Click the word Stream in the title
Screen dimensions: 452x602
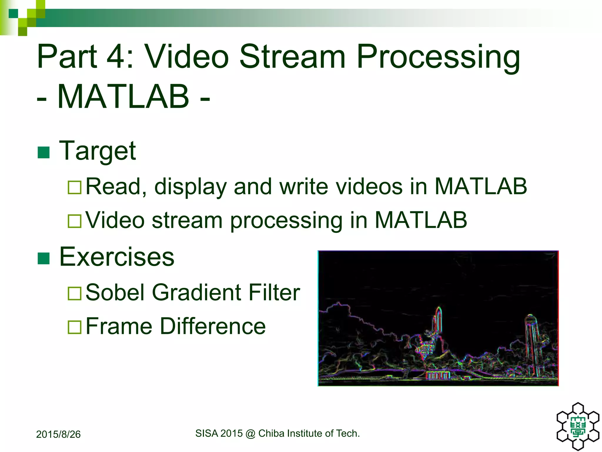[x=292, y=56]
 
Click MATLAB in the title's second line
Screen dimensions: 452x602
[x=123, y=97]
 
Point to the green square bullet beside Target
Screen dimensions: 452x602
[x=44, y=152]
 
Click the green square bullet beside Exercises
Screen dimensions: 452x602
[x=44, y=258]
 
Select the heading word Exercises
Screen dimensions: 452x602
[x=117, y=257]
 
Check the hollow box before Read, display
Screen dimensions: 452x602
[x=74, y=187]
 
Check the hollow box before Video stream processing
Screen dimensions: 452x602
[x=74, y=221]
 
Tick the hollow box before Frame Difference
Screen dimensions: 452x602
[x=74, y=327]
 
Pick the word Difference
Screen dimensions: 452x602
[x=213, y=326]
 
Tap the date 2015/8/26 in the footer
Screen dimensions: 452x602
[x=58, y=434]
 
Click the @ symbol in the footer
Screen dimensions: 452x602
[x=250, y=433]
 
